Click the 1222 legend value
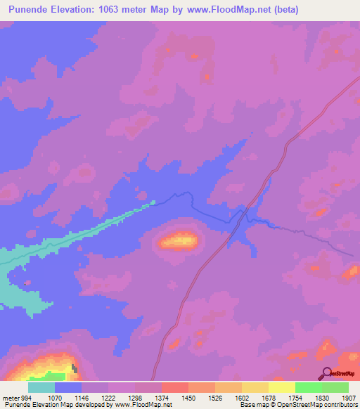pos(108,397)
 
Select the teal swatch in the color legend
pos(41,387)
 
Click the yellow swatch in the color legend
pos(281,387)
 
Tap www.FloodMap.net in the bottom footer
pos(144,405)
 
